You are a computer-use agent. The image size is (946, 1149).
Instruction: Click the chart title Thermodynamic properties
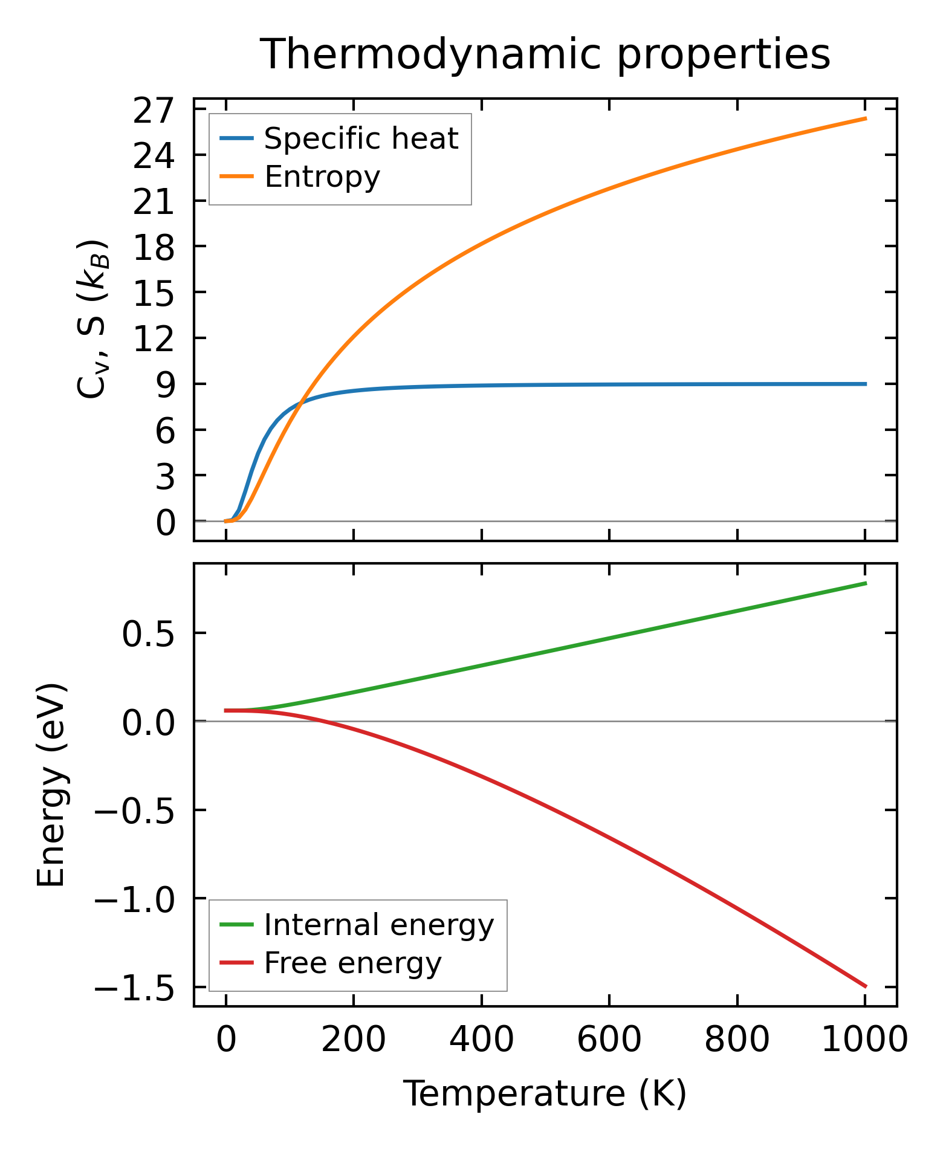[x=545, y=55]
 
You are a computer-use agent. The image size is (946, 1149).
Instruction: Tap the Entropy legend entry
[x=322, y=177]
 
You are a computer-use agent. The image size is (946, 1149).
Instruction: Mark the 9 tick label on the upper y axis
[x=165, y=384]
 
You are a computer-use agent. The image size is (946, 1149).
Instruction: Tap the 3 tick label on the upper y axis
[x=165, y=476]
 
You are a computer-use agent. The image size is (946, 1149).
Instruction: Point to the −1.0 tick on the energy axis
[x=134, y=899]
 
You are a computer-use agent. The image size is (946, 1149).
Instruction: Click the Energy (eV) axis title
[x=51, y=785]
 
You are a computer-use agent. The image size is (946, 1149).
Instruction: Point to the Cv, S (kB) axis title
[x=92, y=319]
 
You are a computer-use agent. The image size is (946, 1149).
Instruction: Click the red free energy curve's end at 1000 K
[x=865, y=986]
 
